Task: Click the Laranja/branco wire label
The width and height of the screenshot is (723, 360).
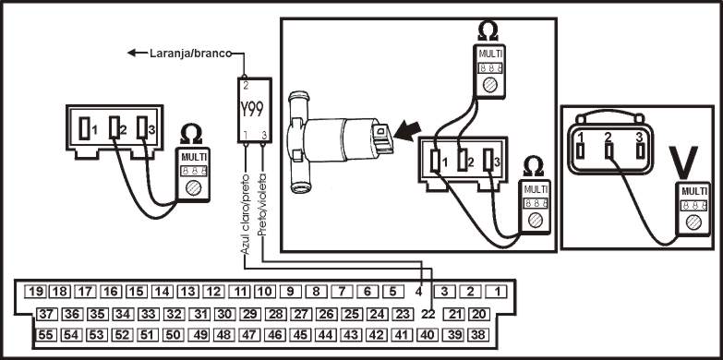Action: pyautogui.click(x=190, y=54)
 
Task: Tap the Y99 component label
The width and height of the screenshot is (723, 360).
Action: pyautogui.click(x=252, y=110)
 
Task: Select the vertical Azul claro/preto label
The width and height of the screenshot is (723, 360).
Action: pyautogui.click(x=246, y=214)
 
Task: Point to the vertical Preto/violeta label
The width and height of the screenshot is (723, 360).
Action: pyautogui.click(x=262, y=205)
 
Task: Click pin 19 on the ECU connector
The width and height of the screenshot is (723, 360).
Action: pyautogui.click(x=33, y=292)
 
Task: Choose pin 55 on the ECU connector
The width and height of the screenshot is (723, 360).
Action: pyautogui.click(x=45, y=335)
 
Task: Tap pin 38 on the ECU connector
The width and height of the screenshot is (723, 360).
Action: pyautogui.click(x=478, y=335)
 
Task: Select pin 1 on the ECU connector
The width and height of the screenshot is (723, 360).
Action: pyautogui.click(x=497, y=292)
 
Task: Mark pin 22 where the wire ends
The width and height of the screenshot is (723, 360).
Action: pyautogui.click(x=428, y=314)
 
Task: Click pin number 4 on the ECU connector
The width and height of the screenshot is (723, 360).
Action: pyautogui.click(x=418, y=292)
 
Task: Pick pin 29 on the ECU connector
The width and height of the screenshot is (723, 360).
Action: pyautogui.click(x=249, y=315)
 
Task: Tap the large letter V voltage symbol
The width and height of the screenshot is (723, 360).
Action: pyautogui.click(x=684, y=162)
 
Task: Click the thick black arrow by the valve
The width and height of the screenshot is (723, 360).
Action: pyautogui.click(x=408, y=131)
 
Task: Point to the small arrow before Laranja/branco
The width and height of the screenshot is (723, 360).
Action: pyautogui.click(x=137, y=53)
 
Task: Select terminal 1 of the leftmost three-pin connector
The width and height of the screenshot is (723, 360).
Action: pyautogui.click(x=84, y=128)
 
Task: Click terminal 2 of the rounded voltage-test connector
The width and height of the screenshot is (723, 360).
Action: pyautogui.click(x=609, y=150)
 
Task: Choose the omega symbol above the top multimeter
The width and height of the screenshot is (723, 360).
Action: pyautogui.click(x=488, y=31)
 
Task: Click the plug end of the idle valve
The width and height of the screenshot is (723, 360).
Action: pyautogui.click(x=382, y=138)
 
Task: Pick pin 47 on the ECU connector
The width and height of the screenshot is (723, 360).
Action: pyautogui.click(x=249, y=335)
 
